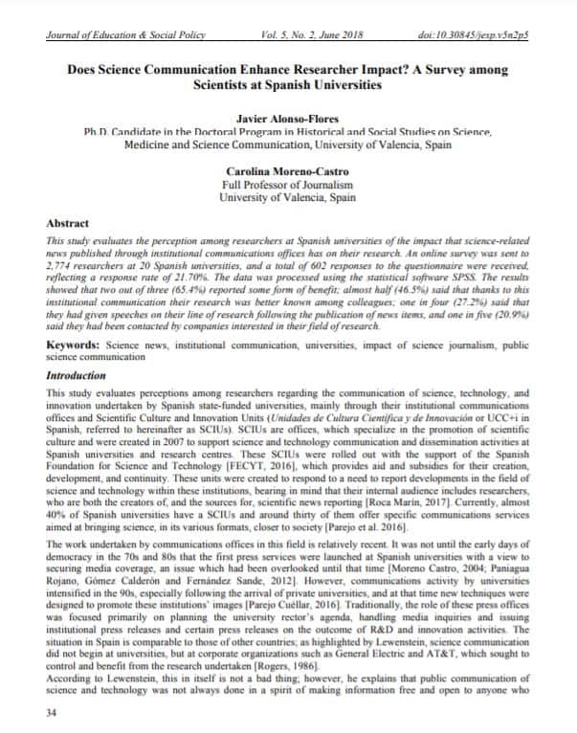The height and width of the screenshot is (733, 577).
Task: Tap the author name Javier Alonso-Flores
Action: pos(287,118)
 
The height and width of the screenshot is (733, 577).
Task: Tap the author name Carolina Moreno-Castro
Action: pos(287,169)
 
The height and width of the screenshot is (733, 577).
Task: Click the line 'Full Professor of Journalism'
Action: pos(287,184)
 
